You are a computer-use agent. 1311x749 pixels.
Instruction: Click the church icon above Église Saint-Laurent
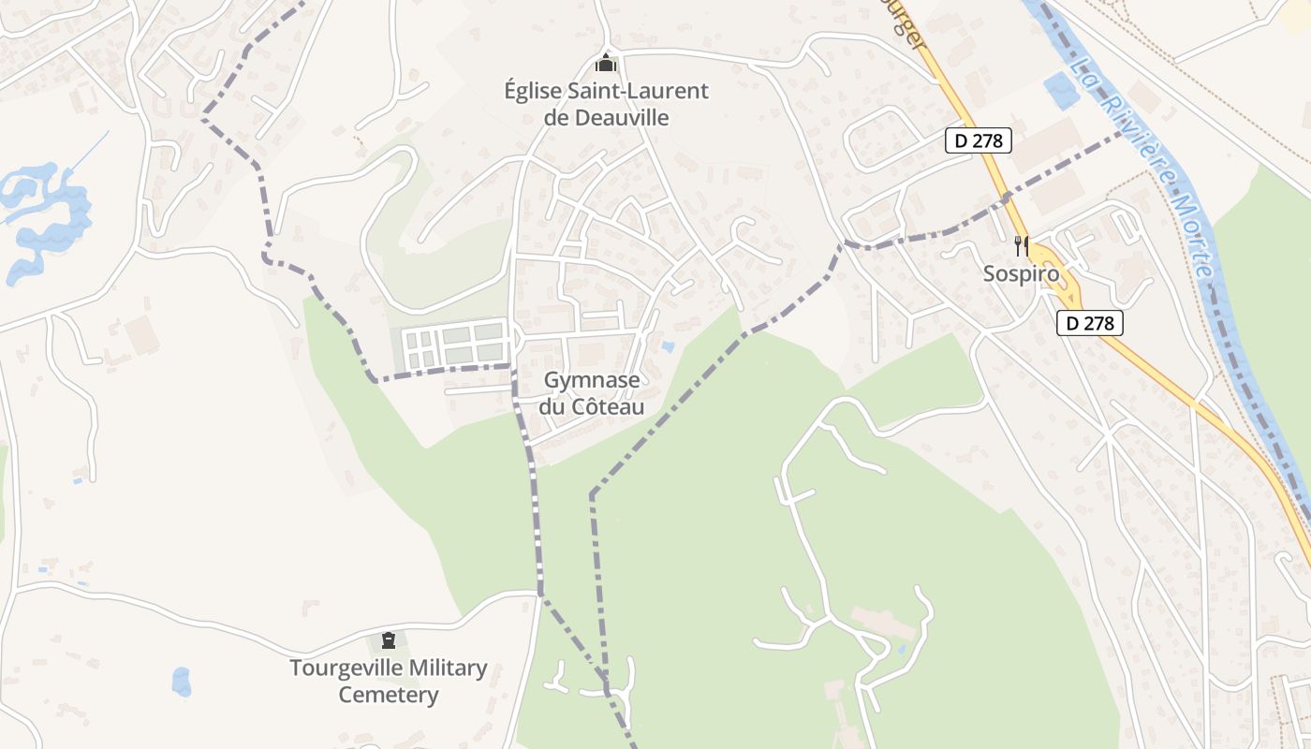[x=606, y=65]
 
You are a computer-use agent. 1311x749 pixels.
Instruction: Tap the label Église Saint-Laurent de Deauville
[x=606, y=104]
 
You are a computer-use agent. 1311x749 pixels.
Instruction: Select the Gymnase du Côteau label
[x=592, y=393]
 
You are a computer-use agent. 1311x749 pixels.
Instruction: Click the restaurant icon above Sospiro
[x=1022, y=246]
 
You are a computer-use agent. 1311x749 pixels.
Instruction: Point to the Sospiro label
[x=1021, y=274]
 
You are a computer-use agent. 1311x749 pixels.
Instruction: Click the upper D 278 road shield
[x=979, y=140]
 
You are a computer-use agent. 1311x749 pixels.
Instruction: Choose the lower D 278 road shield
[x=1089, y=323]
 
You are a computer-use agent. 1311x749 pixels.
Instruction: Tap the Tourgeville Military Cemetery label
[x=388, y=682]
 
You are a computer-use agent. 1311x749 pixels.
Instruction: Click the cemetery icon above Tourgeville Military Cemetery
[x=388, y=641]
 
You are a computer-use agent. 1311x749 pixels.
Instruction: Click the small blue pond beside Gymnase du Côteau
[x=667, y=346]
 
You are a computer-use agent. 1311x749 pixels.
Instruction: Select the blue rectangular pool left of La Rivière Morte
[x=1061, y=90]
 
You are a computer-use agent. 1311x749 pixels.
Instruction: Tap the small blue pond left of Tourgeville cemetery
[x=181, y=682]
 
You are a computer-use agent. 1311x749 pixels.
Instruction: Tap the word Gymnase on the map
[x=592, y=380]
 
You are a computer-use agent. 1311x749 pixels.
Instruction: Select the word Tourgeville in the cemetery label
[x=346, y=668]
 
